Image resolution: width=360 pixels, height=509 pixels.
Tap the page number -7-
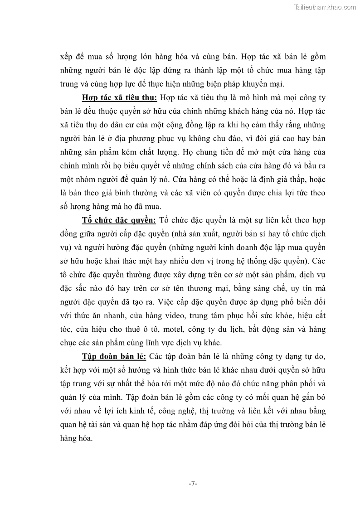193,484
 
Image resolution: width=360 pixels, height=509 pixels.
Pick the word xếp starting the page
67,57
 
